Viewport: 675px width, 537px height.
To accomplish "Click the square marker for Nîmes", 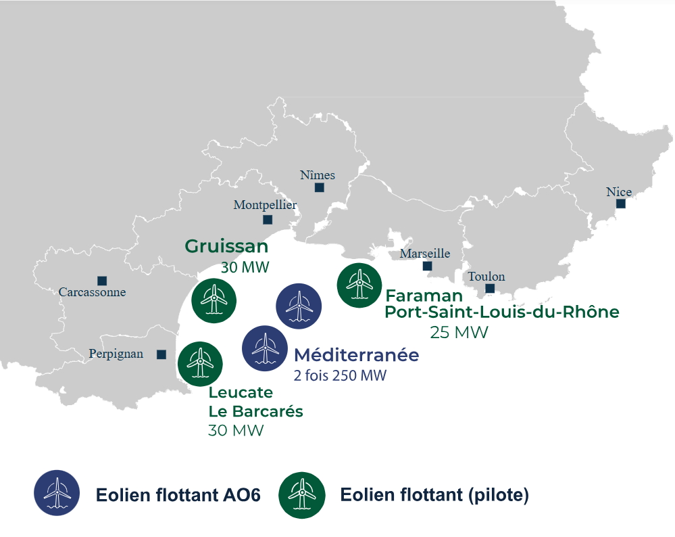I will (x=319, y=187).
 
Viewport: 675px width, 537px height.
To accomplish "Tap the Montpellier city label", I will (x=265, y=205).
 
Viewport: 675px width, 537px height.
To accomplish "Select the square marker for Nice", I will (x=620, y=204).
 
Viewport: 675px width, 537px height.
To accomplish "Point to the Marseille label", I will (x=424, y=254).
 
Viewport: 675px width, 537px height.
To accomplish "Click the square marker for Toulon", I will (x=490, y=289).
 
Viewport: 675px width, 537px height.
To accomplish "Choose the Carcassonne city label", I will (x=92, y=293).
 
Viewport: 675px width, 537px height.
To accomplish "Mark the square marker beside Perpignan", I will (x=161, y=354).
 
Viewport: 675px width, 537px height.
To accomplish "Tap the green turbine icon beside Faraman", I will (x=359, y=284).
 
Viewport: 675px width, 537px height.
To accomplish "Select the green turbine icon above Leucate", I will (x=199, y=364).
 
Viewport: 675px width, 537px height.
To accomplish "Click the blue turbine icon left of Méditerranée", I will (x=264, y=348).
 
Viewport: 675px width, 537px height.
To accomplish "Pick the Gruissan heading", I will (x=226, y=246).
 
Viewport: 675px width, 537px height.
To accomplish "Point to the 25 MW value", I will (x=459, y=333).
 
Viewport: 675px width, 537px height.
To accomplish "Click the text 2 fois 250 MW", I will (x=340, y=375).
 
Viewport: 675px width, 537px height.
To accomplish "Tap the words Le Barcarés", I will (x=255, y=411).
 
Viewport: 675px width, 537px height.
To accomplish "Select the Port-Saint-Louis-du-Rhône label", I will (x=501, y=312).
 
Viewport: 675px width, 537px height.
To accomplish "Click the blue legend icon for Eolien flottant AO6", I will (x=57, y=493).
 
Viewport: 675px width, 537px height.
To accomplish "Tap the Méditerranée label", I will (x=356, y=354).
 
